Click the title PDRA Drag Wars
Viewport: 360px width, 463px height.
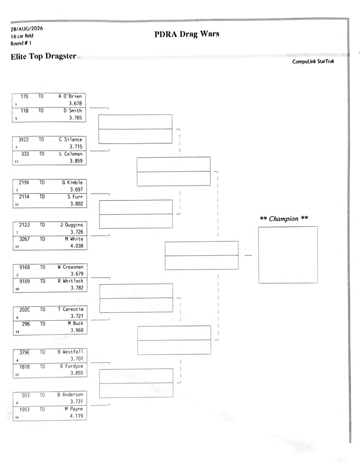[187, 34]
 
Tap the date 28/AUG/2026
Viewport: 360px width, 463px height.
[27, 29]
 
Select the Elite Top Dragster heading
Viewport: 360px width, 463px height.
[43, 56]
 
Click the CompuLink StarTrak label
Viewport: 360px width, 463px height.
[313, 62]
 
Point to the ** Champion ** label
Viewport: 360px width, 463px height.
[284, 218]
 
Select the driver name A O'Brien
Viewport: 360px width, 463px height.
[70, 96]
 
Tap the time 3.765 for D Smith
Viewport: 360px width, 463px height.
[76, 118]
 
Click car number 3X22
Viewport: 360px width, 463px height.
[23, 139]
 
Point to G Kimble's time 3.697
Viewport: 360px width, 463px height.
[77, 190]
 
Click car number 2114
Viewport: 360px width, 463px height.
[24, 197]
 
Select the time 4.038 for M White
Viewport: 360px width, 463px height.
[77, 246]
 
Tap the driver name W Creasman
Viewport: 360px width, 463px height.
[70, 267]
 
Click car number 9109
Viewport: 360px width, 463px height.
[24, 281]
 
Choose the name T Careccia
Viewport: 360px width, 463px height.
[70, 309]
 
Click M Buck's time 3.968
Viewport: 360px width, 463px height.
[77, 330]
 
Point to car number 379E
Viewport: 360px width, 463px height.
[24, 352]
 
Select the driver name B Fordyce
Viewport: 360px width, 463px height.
[72, 366]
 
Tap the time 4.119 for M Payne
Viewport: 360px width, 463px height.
[77, 416]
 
